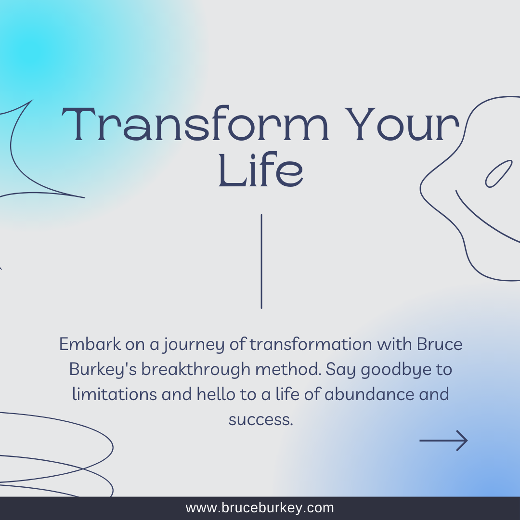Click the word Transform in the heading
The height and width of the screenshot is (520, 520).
(x=195, y=124)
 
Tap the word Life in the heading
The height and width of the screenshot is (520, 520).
(x=260, y=169)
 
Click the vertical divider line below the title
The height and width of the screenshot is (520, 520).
(x=261, y=261)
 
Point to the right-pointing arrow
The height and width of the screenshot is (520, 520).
(x=444, y=441)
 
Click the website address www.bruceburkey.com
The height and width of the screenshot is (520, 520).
(x=260, y=508)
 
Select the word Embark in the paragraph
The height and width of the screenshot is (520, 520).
(x=90, y=344)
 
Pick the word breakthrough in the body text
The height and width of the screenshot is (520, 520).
(x=195, y=369)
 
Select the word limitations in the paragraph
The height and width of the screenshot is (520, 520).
(x=115, y=394)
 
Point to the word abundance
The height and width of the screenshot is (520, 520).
(x=369, y=394)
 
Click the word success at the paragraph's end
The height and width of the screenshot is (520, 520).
(x=260, y=419)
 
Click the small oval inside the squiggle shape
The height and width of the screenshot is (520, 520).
(x=499, y=174)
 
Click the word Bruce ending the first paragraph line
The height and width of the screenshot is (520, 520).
(x=440, y=344)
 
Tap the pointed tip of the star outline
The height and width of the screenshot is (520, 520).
(x=33, y=100)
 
